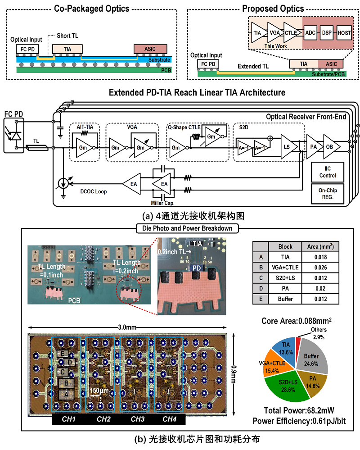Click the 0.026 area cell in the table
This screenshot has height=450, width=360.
click(x=321, y=268)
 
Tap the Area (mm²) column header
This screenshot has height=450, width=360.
click(x=321, y=247)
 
